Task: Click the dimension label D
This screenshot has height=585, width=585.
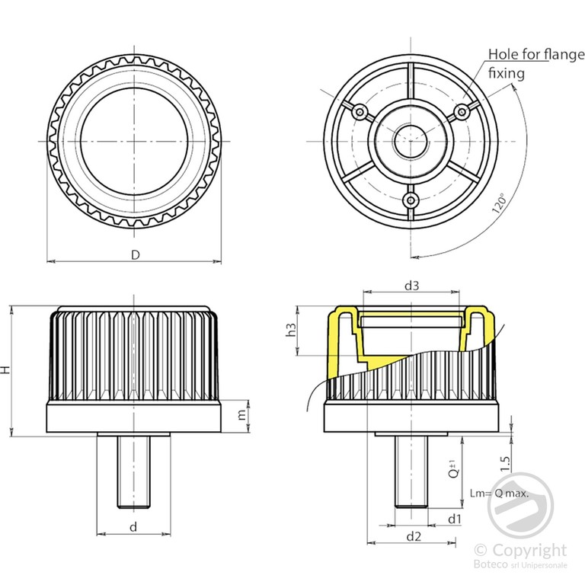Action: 135,254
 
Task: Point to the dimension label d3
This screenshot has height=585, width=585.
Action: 412,286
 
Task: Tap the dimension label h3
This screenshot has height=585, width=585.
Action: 290,331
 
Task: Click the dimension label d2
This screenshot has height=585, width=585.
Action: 414,536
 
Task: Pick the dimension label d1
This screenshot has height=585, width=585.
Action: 455,519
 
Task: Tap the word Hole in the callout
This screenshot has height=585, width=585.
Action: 503,54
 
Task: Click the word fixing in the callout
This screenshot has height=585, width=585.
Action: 507,73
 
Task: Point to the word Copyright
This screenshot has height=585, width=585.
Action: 529,550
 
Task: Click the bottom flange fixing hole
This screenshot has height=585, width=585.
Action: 411,200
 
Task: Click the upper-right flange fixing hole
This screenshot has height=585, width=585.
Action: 461,112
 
